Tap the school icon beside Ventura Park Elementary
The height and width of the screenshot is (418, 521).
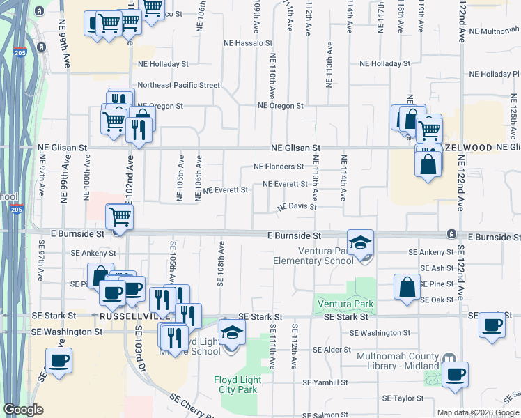pos(361,243)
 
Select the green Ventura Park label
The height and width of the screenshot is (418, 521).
pos(345,304)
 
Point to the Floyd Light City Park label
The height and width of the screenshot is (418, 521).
pos(235,385)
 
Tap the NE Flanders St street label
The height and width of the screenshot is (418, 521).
pos(279,167)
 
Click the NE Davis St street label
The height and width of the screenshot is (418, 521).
pos(297,207)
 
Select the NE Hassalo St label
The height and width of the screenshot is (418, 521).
pos(247,42)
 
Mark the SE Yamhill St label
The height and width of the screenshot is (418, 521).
pos(325,382)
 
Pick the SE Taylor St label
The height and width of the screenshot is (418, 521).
pos(403,398)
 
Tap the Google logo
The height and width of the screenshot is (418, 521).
pos(23,410)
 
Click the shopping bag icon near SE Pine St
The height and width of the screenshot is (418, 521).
pos(407,287)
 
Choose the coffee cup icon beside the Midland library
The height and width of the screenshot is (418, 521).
pos(455,374)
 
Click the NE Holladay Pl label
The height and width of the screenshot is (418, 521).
pos(495,74)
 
